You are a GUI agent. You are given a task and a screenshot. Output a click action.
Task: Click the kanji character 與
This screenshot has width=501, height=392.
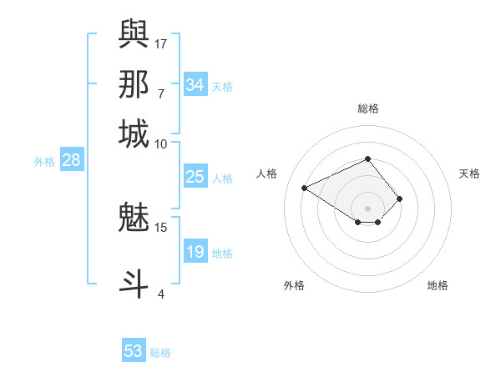pyautogui.click(x=134, y=34)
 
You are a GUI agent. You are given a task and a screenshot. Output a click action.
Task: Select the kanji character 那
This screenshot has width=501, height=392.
pyautogui.click(x=134, y=84)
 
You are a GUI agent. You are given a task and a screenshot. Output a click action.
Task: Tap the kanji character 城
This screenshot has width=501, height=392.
pyautogui.click(x=134, y=134)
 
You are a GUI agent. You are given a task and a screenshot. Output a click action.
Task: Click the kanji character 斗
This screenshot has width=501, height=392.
pyautogui.click(x=134, y=283)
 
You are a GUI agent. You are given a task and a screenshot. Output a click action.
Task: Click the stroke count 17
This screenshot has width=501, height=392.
pyautogui.click(x=161, y=43)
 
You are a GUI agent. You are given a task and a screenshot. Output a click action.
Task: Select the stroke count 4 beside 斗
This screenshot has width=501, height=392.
pyautogui.click(x=161, y=293)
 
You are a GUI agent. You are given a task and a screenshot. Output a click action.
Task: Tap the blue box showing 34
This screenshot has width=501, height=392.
pyautogui.click(x=195, y=85)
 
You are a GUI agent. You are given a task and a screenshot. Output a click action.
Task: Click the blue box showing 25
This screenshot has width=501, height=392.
pyautogui.click(x=195, y=177)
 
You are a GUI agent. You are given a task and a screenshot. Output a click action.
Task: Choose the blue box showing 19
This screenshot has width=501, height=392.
pyautogui.click(x=195, y=252)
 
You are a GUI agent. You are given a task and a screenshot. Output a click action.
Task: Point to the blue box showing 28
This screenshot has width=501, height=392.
pyautogui.click(x=71, y=161)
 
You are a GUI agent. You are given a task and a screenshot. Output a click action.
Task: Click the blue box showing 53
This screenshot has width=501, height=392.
pyautogui.click(x=134, y=351)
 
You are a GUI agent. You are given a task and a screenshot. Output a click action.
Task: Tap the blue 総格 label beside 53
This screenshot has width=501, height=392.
pyautogui.click(x=160, y=353)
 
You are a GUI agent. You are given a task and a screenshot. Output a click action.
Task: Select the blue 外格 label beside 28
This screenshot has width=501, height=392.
pyautogui.click(x=44, y=162)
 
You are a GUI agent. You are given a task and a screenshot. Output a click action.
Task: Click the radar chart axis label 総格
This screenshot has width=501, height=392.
pyautogui.click(x=367, y=108)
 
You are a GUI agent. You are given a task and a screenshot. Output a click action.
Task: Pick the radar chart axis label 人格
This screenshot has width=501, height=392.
pyautogui.click(x=267, y=173)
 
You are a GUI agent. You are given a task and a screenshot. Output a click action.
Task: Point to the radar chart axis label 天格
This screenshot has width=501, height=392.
pyautogui.click(x=469, y=173)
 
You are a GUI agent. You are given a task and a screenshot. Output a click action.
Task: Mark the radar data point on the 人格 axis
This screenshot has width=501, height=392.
pyautogui.click(x=305, y=188)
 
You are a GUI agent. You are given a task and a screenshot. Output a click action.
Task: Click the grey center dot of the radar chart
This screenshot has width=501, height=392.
pyautogui.click(x=367, y=208)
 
